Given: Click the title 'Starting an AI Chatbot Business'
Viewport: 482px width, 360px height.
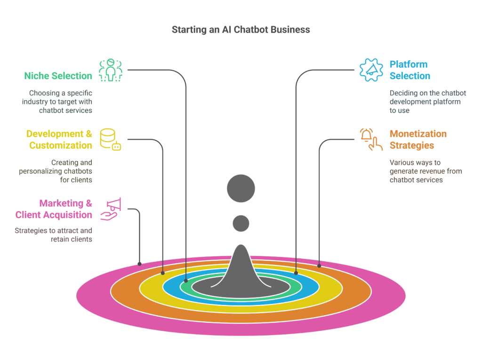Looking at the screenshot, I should pyautogui.click(x=241, y=30).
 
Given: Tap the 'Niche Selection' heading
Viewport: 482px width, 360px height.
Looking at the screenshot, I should pyautogui.click(x=58, y=76).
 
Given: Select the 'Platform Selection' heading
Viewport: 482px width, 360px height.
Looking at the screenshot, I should pyautogui.click(x=410, y=70).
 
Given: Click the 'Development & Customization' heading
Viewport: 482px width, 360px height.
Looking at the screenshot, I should pyautogui.click(x=59, y=140).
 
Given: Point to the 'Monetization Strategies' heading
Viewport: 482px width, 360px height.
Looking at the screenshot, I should pyautogui.click(x=418, y=140).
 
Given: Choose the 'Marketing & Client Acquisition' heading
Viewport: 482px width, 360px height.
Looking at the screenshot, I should pyautogui.click(x=54, y=209).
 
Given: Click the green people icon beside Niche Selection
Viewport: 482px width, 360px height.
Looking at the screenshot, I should pyautogui.click(x=111, y=70).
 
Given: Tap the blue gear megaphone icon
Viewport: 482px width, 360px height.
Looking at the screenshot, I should pyautogui.click(x=371, y=70).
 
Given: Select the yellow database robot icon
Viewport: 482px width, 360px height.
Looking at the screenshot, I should pyautogui.click(x=111, y=140).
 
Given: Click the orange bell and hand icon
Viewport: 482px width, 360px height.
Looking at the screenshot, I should pyautogui.click(x=371, y=140).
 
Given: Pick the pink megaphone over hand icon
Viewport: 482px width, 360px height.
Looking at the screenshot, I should pyautogui.click(x=111, y=209).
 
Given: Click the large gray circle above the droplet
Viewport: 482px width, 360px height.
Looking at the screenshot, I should pyautogui.click(x=241, y=188).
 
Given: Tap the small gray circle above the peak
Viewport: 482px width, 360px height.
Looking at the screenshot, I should pyautogui.click(x=241, y=223).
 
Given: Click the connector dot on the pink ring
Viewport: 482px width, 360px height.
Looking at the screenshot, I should pyautogui.click(x=139, y=264).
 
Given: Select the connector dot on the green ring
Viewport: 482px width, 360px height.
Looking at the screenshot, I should pyautogui.click(x=186, y=281).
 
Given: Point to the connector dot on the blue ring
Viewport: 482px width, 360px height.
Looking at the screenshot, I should pyautogui.click(x=296, y=273).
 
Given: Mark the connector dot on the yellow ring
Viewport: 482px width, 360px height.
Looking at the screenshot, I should pyautogui.click(x=163, y=273).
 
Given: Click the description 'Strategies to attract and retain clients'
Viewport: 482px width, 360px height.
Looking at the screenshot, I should pyautogui.click(x=53, y=235).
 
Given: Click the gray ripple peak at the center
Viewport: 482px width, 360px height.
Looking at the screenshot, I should pyautogui.click(x=241, y=273).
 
